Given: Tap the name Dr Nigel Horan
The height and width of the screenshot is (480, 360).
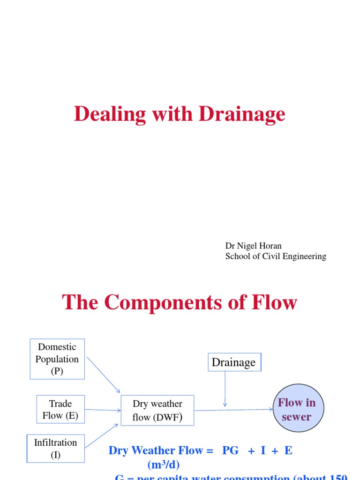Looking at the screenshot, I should [254, 246].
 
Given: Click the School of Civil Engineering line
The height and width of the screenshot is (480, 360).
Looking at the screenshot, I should [276, 256].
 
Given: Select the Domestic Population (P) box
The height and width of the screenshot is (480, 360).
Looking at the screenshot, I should [57, 359].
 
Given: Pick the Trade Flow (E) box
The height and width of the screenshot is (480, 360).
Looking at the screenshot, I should [60, 409].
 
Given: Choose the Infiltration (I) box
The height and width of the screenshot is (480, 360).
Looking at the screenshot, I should [55, 448].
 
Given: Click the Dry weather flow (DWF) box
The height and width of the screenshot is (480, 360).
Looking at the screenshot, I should [157, 410].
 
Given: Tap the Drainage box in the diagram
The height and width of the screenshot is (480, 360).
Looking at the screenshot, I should [234, 362].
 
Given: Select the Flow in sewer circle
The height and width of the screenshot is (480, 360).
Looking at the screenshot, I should [296, 409].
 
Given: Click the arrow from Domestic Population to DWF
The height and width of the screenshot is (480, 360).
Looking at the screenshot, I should [104, 374].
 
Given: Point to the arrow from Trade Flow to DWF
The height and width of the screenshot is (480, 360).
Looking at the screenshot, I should [103, 410].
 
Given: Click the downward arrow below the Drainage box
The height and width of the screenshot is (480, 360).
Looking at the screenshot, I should [225, 389].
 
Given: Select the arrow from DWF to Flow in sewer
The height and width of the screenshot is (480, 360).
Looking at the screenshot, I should [233, 410].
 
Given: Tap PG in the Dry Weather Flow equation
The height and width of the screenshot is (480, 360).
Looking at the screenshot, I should [230, 451].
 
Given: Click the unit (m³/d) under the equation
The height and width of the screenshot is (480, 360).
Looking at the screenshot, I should [163, 465].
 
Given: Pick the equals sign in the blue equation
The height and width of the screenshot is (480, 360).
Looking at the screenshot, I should [210, 451].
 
